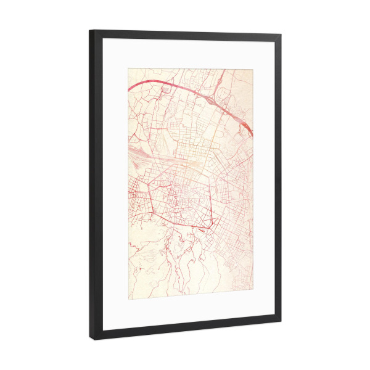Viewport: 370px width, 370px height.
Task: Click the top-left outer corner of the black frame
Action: (89, 30)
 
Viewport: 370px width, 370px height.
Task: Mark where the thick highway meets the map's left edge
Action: (129, 89)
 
